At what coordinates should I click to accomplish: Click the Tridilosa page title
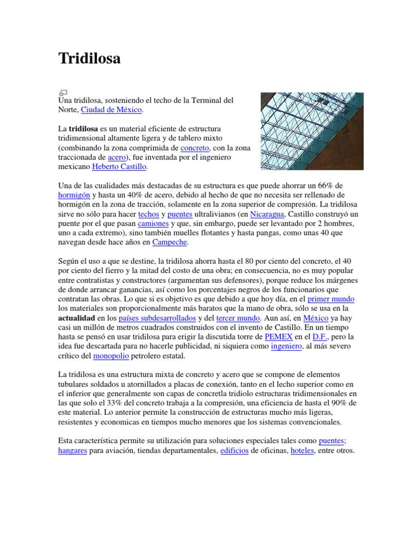click(89, 59)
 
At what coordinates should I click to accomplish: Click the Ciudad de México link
click(111, 110)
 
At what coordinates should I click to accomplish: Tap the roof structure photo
click(312, 131)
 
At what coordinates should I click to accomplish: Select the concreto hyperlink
click(195, 148)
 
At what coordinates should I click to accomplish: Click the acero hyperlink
click(117, 157)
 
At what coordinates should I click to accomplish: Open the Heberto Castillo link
click(119, 167)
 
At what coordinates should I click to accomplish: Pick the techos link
click(148, 214)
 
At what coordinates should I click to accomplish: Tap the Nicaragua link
click(267, 214)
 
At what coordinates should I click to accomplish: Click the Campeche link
click(170, 242)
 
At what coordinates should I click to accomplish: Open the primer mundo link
click(331, 299)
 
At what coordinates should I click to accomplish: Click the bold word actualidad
click(77, 318)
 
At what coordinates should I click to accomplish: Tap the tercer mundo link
click(238, 318)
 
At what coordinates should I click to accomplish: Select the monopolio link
click(111, 356)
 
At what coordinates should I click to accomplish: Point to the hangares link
click(73, 451)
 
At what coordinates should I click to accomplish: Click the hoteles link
click(302, 451)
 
